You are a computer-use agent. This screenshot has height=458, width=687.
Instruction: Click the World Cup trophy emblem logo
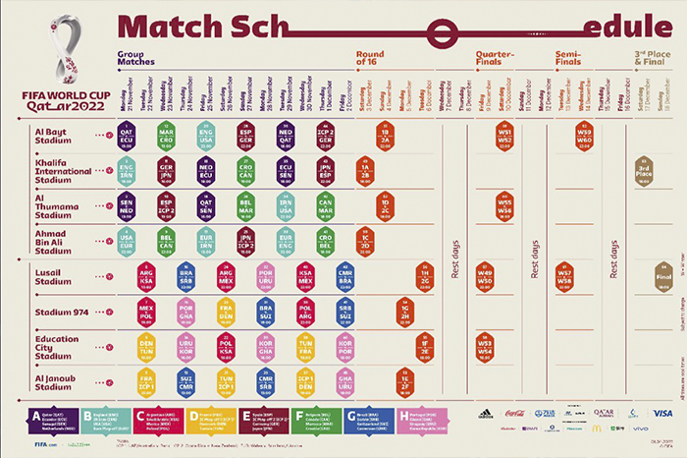click(x=66, y=48)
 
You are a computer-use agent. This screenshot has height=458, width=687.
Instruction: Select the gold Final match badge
click(x=662, y=278)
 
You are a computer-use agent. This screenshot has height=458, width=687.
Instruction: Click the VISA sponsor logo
click(x=663, y=414)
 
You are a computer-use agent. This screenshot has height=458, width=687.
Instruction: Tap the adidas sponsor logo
click(x=485, y=414)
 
